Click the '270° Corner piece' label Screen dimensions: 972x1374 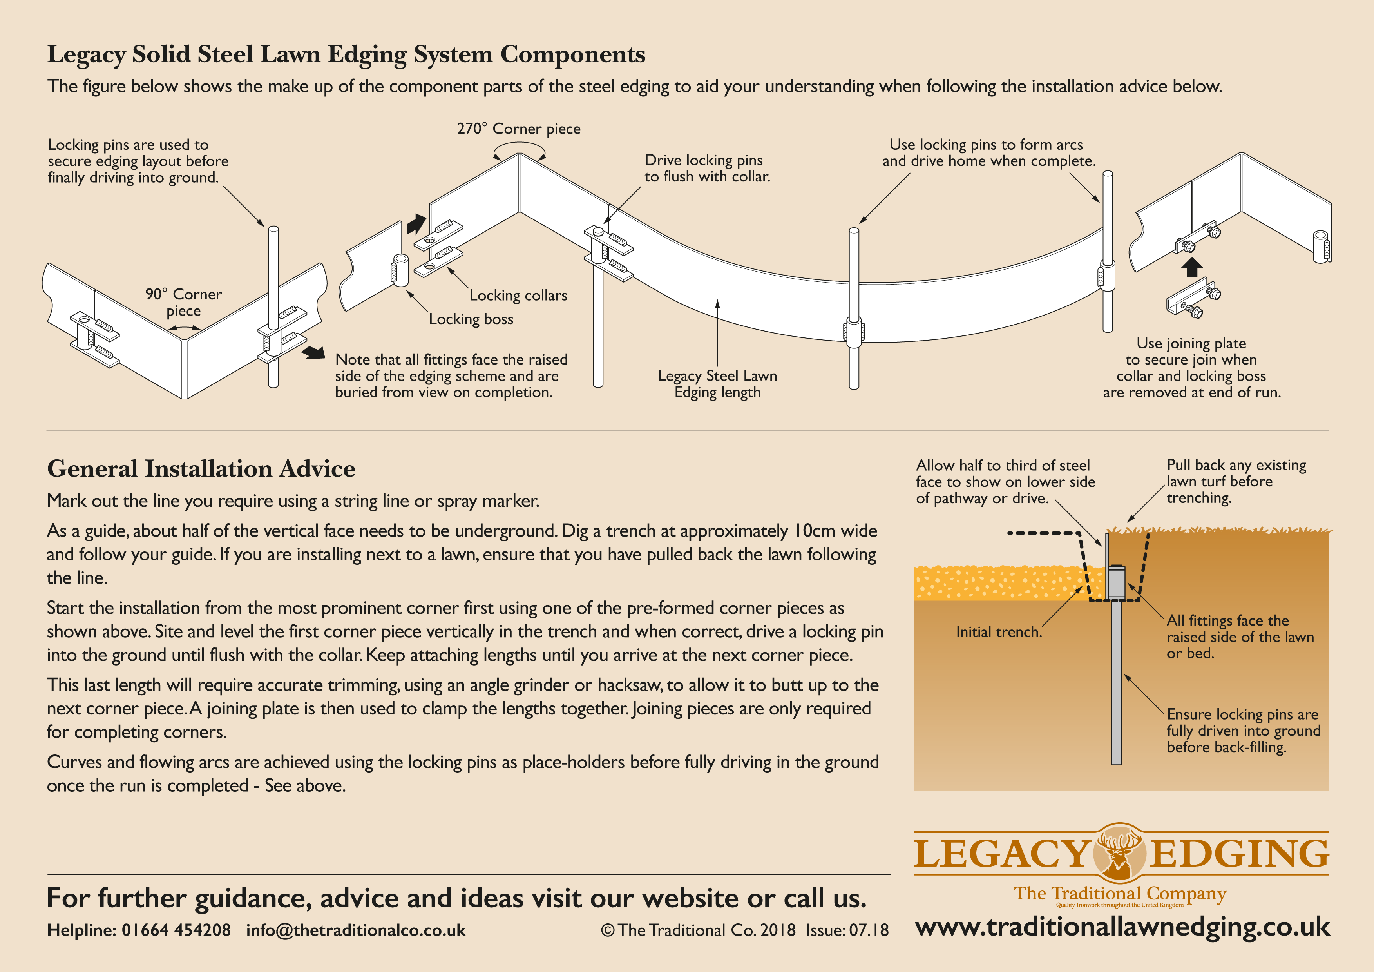[x=518, y=129]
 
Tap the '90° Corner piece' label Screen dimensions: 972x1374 [x=183, y=302]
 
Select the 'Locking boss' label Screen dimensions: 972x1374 [x=471, y=319]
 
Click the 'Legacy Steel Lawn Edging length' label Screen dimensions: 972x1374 [x=717, y=384]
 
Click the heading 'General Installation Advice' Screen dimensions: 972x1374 [x=201, y=469]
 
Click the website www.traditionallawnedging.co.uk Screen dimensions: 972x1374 [x=1122, y=927]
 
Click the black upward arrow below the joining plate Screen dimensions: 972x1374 [x=1192, y=267]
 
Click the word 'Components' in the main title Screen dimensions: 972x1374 [x=573, y=54]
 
